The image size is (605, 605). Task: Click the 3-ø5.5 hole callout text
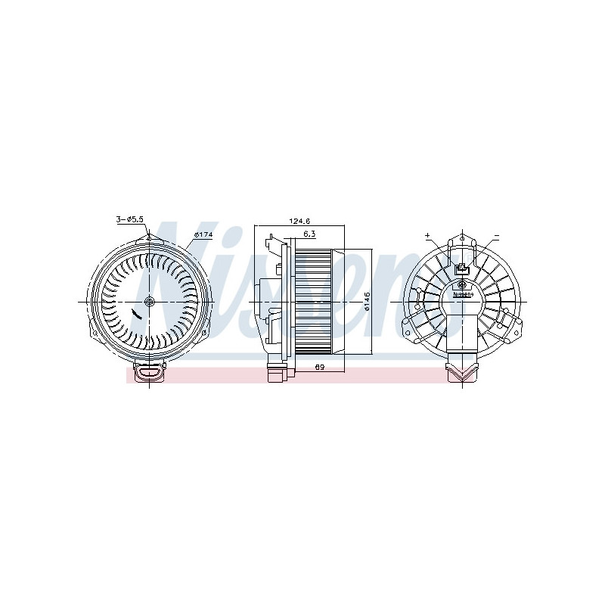click(x=129, y=219)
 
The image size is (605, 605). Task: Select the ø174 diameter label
click(x=202, y=234)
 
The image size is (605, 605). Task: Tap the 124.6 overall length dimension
click(x=299, y=221)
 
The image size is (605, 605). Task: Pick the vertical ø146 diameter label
click(x=365, y=301)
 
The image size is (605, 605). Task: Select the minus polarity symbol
click(x=496, y=236)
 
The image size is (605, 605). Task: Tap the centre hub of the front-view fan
click(x=149, y=302)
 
